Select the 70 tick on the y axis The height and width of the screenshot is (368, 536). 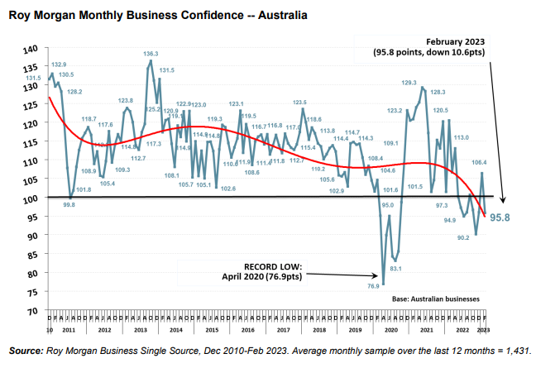point(31,311)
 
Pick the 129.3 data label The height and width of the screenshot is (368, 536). point(409,83)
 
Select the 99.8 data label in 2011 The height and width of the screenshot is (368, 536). point(69,204)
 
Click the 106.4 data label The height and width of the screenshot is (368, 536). point(479,162)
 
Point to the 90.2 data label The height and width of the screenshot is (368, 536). point(463,237)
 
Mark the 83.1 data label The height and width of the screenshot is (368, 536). point(396,268)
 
